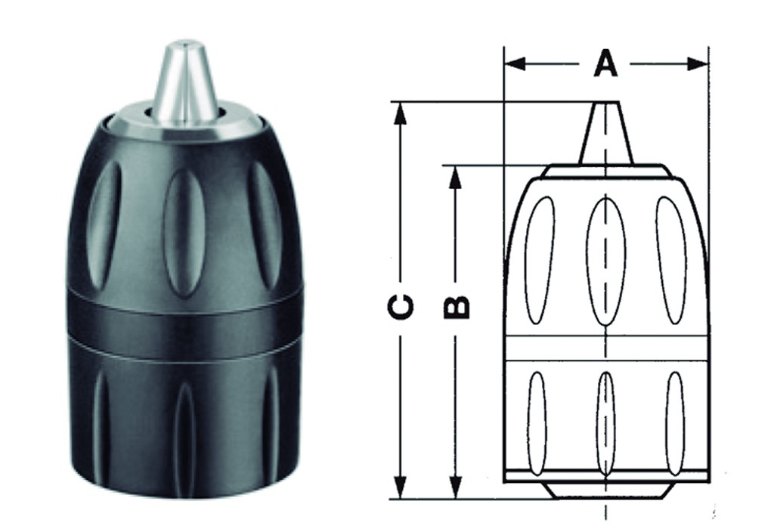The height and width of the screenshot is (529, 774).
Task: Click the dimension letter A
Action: (x=605, y=63)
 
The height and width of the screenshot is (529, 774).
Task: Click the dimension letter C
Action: (x=401, y=306)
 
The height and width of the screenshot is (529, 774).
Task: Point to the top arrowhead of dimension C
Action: (x=401, y=113)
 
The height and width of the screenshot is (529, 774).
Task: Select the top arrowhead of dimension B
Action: (x=455, y=176)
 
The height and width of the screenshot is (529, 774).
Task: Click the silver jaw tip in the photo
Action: (x=186, y=83)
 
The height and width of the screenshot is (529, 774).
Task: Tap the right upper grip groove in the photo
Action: (x=265, y=224)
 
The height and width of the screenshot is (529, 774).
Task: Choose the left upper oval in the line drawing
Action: (x=540, y=260)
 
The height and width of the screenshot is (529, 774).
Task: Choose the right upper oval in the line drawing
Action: (x=670, y=260)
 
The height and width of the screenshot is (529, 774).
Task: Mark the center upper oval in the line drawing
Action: (x=606, y=261)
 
